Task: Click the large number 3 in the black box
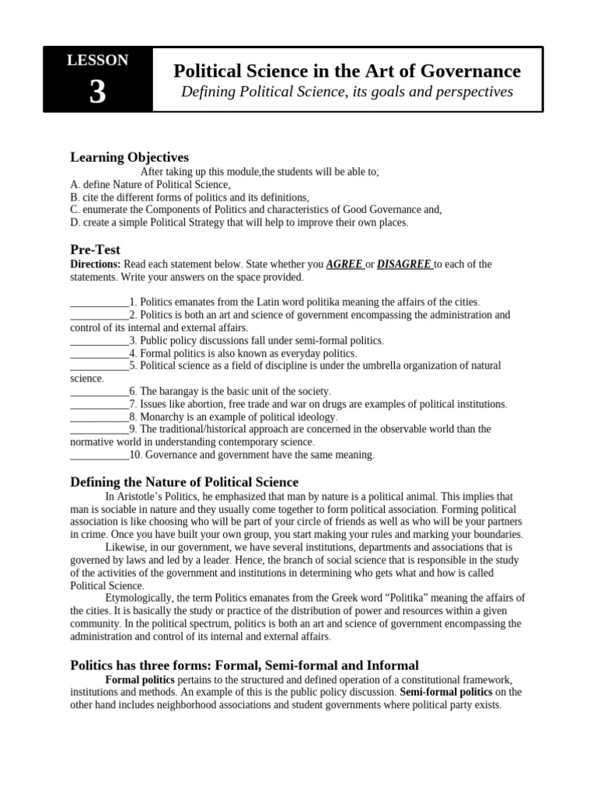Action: pos(97,93)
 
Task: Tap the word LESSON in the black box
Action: pos(97,60)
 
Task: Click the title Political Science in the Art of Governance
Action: pos(347,72)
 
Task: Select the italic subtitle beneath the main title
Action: pos(347,93)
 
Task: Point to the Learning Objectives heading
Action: pos(129,158)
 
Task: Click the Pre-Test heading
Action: pos(95,250)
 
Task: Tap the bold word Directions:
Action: pos(96,264)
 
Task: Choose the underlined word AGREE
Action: pos(344,264)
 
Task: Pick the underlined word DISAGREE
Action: pos(404,264)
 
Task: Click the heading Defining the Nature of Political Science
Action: pos(184,483)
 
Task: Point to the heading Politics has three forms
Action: pos(244,665)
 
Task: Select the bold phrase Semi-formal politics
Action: pos(446,692)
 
